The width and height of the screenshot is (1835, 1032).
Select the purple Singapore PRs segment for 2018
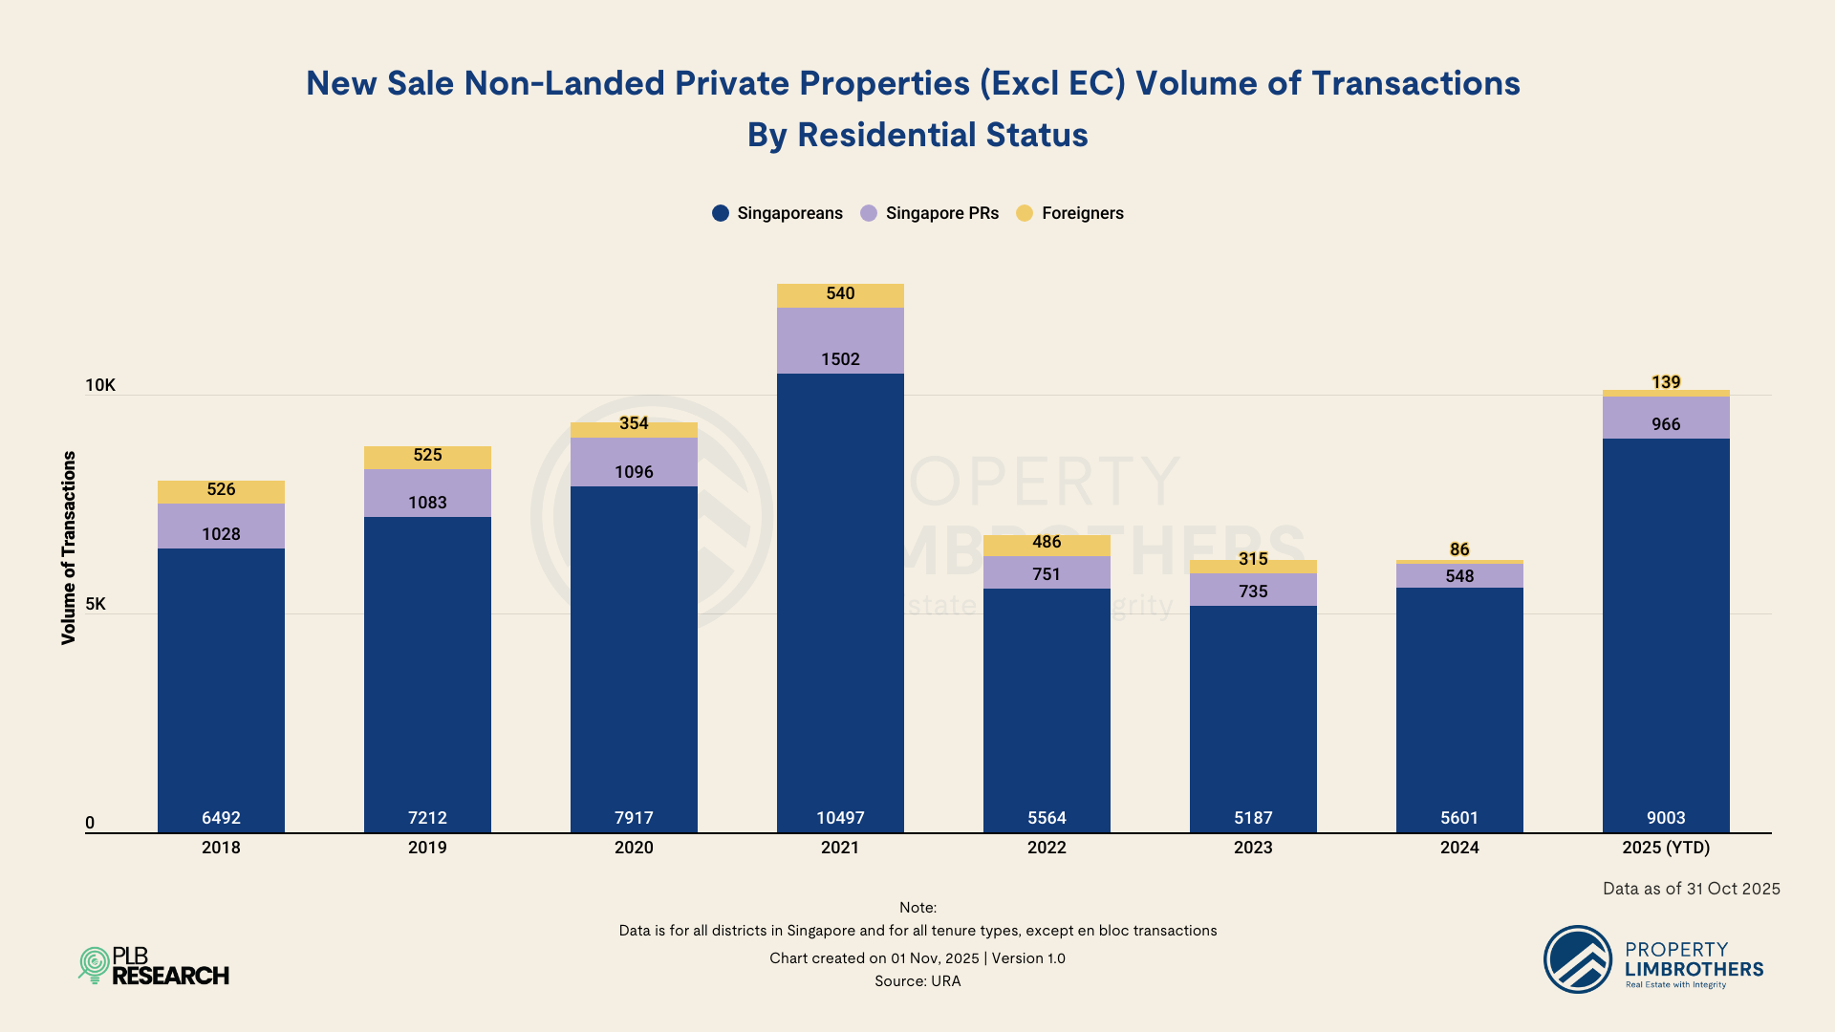pyautogui.click(x=221, y=526)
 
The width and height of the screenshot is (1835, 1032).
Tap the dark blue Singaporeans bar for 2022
pyautogui.click(x=1047, y=707)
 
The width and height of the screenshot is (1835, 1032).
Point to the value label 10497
pyautogui.click(x=840, y=818)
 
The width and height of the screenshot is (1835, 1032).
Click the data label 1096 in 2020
pyautogui.click(x=634, y=472)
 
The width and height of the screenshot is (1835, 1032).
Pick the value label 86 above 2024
pyautogui.click(x=1459, y=549)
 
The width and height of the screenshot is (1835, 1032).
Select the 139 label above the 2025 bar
pyautogui.click(x=1666, y=382)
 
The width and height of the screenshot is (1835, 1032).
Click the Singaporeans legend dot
pyautogui.click(x=721, y=213)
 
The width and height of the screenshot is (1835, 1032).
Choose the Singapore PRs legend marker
pyautogui.click(x=869, y=213)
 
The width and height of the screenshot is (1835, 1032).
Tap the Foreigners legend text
pyautogui.click(x=1083, y=213)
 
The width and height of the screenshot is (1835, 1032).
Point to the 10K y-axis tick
pyautogui.click(x=100, y=385)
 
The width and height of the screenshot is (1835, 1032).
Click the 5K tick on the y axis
pyautogui.click(x=96, y=604)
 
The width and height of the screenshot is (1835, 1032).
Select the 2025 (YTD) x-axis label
pyautogui.click(x=1666, y=848)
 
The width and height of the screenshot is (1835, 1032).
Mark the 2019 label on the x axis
pyautogui.click(x=427, y=848)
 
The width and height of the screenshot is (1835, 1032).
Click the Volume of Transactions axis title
pyautogui.click(x=69, y=548)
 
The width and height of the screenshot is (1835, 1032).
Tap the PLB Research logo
pyautogui.click(x=154, y=966)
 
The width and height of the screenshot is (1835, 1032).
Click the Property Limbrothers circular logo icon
pyautogui.click(x=1578, y=959)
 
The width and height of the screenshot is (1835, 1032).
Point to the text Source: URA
pyautogui.click(x=917, y=981)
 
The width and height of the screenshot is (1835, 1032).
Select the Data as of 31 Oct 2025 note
pyautogui.click(x=1691, y=889)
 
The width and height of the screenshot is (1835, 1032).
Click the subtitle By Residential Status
pyautogui.click(x=917, y=135)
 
